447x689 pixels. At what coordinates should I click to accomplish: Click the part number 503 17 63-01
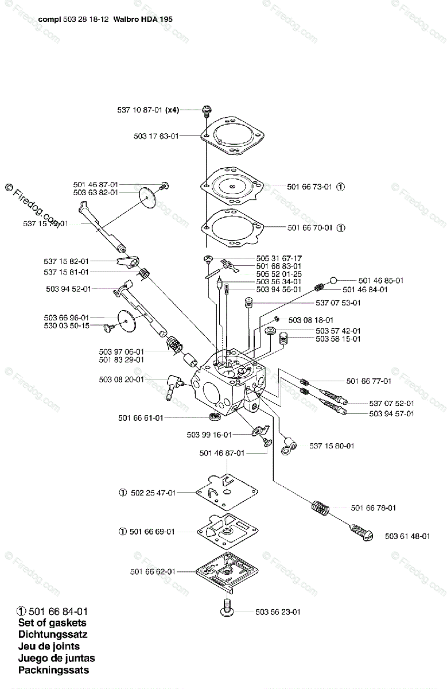pos(156,136)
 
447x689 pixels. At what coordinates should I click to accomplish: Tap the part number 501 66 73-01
pos(309,187)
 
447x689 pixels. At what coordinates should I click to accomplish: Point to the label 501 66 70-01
pos(309,227)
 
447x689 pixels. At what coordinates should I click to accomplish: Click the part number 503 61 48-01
pos(407,536)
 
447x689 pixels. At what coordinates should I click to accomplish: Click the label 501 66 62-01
pos(153,571)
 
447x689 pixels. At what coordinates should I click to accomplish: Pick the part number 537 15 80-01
pos(332,446)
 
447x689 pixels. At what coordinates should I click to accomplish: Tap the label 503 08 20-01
pos(121,380)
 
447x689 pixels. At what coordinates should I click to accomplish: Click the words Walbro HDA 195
pos(148,19)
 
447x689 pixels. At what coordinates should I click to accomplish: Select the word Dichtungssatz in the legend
pos(52,634)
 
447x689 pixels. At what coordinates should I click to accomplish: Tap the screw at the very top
pos(206,110)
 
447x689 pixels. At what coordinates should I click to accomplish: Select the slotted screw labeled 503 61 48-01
pos(362,531)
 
